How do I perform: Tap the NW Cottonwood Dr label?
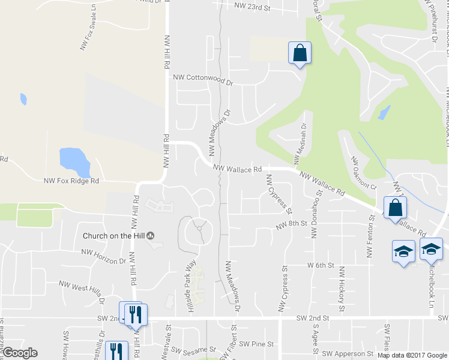[202, 78]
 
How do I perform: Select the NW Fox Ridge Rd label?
[71, 181]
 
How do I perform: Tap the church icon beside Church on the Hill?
[151, 235]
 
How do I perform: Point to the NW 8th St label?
[291, 225]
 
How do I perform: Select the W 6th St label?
[320, 265]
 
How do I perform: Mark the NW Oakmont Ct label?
[363, 174]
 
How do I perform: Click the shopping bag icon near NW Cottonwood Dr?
[300, 53]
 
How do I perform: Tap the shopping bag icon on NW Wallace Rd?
[395, 208]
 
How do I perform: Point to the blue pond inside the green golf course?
[384, 112]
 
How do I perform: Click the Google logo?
[19, 353]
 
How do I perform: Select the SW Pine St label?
[256, 344]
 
